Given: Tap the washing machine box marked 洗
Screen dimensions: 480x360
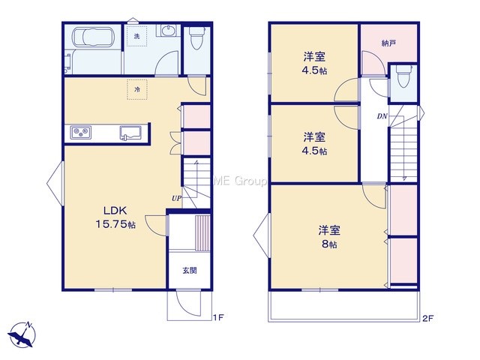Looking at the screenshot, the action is (x=136, y=36).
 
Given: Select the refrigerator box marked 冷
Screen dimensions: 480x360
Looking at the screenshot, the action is (x=137, y=89).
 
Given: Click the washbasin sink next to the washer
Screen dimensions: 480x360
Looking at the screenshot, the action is (x=167, y=31).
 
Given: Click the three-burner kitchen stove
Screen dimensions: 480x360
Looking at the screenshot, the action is (x=81, y=133).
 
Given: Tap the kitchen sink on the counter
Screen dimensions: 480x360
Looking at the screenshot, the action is (x=130, y=133).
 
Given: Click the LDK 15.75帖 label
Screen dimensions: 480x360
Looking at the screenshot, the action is (x=115, y=217).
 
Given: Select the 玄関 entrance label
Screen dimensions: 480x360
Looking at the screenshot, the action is (x=190, y=271).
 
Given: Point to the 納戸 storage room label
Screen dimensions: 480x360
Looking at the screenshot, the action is (x=388, y=43).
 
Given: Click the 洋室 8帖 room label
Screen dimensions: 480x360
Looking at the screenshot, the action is (x=329, y=237).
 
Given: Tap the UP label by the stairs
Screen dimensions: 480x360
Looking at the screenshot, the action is (x=176, y=198).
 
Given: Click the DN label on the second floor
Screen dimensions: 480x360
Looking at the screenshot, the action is (x=382, y=116).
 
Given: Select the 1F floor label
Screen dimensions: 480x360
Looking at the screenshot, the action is (x=218, y=318).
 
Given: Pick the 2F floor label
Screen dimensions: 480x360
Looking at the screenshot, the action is (x=428, y=318).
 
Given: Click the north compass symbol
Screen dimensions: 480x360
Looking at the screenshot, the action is (x=22, y=335).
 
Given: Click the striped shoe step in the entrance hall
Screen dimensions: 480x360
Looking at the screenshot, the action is (x=202, y=233).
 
